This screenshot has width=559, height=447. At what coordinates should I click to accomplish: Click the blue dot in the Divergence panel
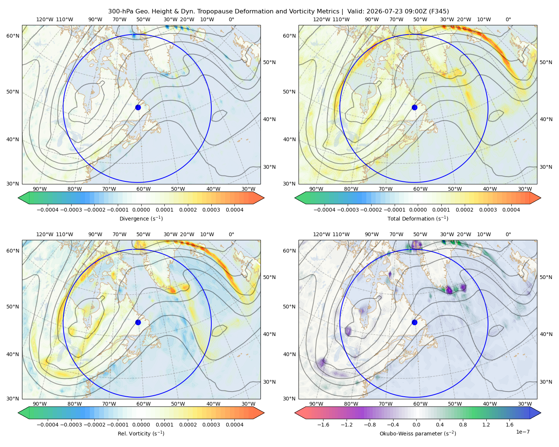pyautogui.click(x=138, y=107)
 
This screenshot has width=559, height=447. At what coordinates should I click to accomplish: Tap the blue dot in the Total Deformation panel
pyautogui.click(x=414, y=107)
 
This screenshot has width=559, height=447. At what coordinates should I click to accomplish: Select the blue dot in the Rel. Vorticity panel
pyautogui.click(x=138, y=322)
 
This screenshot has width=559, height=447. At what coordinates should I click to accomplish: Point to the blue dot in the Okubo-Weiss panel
pyautogui.click(x=414, y=322)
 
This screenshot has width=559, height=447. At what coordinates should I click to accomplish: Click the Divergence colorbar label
pyautogui.click(x=141, y=219)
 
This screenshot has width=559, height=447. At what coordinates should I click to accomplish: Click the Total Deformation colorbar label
pyautogui.click(x=418, y=219)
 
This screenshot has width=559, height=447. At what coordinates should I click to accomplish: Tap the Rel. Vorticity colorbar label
pyautogui.click(x=141, y=434)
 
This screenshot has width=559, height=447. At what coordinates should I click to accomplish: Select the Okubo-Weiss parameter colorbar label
pyautogui.click(x=418, y=434)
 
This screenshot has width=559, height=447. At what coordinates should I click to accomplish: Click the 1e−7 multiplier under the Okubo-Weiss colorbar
pyautogui.click(x=522, y=432)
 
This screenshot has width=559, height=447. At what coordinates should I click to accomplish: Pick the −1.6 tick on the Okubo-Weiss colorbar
pyautogui.click(x=323, y=425)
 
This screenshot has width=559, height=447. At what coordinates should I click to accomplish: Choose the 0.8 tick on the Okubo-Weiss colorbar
pyautogui.click(x=463, y=425)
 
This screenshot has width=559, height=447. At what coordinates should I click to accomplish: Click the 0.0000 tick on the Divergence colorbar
pyautogui.click(x=141, y=210)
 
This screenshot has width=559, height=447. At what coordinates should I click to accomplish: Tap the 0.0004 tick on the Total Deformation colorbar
pyautogui.click(x=511, y=210)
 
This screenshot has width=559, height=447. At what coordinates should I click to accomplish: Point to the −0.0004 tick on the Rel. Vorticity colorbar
pyautogui.click(x=48, y=425)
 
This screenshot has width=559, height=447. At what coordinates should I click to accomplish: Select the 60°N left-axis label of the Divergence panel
pyautogui.click(x=13, y=36)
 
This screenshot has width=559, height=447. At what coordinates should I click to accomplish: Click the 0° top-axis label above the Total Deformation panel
pyautogui.click(x=508, y=19)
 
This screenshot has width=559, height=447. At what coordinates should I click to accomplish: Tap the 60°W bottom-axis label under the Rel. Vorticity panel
pyautogui.click(x=143, y=404)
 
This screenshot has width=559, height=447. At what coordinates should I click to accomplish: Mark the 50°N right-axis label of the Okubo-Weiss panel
pyautogui.click(x=546, y=277)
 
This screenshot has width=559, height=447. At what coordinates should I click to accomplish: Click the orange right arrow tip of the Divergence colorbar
pyautogui.click(x=264, y=198)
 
